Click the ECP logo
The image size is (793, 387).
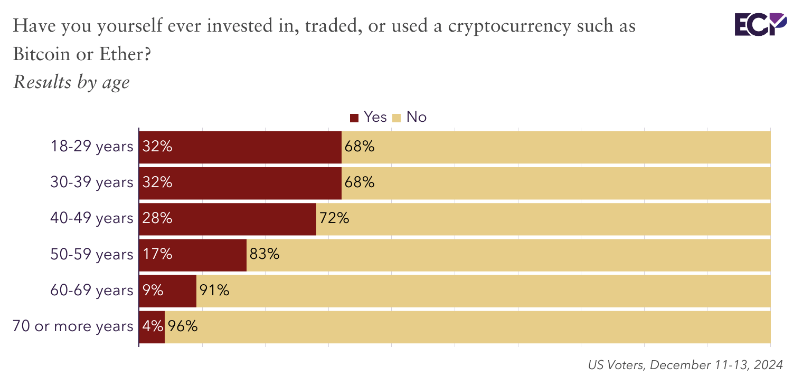coord(761,25)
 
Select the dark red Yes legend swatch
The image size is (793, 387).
coord(354,118)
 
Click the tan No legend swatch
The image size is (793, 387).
coord(397,118)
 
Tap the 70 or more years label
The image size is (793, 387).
coord(73,326)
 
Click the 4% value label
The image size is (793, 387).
coord(153,326)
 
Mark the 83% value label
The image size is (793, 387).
coord(264,255)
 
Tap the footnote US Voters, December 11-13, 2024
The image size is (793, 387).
coord(685,365)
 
